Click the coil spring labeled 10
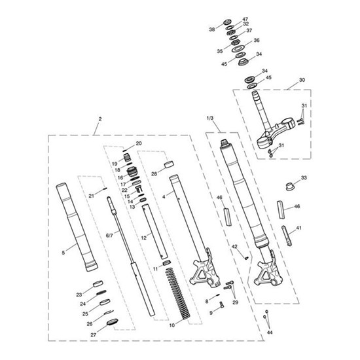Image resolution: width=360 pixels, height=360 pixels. pyautogui.click(x=177, y=293)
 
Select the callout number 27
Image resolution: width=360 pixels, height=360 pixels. pyautogui.click(x=93, y=335)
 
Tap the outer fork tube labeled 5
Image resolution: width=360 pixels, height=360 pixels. pyautogui.click(x=77, y=227)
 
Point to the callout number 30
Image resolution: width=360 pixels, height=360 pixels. pyautogui.click(x=302, y=80)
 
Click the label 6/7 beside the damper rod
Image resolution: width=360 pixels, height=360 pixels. pyautogui.click(x=109, y=236)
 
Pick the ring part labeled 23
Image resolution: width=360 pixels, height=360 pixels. pyautogui.click(x=98, y=284)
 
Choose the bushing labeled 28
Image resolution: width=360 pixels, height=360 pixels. pyautogui.click(x=169, y=164)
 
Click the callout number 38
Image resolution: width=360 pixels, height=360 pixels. pyautogui.click(x=212, y=29)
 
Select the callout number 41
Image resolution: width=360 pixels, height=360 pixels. pyautogui.click(x=298, y=228)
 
